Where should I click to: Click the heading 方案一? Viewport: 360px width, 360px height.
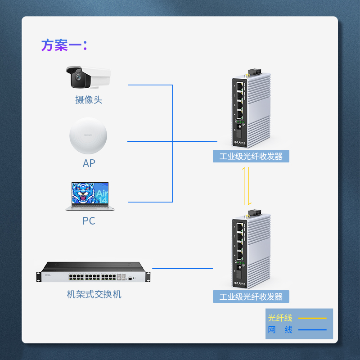64,45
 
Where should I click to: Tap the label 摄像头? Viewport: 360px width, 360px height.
89,100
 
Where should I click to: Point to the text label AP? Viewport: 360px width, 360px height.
89,163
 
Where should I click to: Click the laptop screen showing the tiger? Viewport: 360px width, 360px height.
90,194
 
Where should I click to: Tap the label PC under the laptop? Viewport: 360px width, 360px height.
89,221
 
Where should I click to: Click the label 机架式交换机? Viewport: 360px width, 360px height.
94,295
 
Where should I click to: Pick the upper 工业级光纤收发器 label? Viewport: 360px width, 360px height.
251,156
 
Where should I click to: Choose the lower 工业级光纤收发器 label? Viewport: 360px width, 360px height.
251,297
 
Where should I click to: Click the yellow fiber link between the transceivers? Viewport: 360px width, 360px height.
246,185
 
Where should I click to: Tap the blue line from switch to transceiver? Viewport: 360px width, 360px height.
182,269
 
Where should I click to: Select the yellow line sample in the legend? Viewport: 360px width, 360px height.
312,318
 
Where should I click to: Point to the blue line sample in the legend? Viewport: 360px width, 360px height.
312,330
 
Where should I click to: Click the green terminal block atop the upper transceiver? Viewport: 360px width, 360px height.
255,72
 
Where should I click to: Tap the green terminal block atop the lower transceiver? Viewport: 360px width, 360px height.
255,212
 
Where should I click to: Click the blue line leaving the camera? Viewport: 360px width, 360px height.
148,85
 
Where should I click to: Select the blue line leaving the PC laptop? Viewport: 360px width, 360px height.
148,202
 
